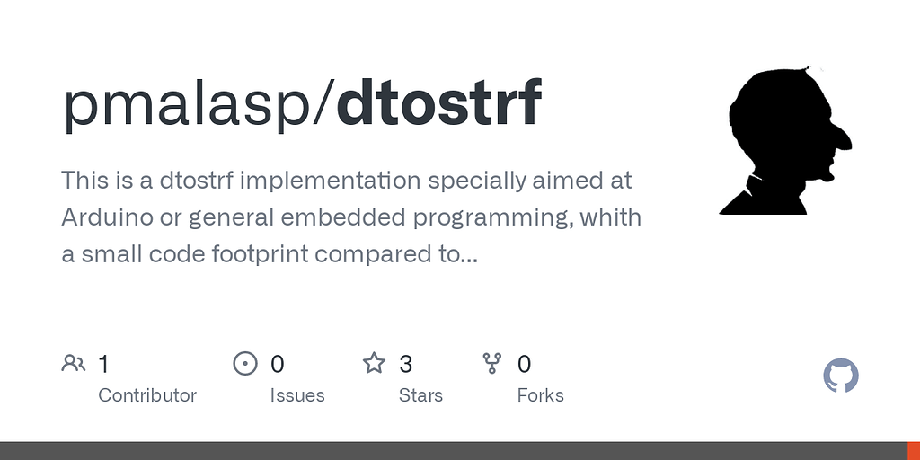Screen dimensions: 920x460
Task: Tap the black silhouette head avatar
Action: click(x=785, y=140)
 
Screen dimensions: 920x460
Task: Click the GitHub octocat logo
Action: click(x=841, y=376)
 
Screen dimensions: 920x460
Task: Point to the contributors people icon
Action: click(x=74, y=364)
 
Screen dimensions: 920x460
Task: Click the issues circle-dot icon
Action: click(x=245, y=364)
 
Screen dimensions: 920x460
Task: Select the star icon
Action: click(x=374, y=363)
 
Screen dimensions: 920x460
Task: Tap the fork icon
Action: click(x=491, y=364)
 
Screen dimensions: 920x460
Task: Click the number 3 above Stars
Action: click(x=405, y=365)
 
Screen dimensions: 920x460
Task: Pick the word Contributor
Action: click(x=147, y=395)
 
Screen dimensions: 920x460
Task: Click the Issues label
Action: click(x=297, y=395)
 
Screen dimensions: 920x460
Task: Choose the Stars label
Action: click(x=420, y=395)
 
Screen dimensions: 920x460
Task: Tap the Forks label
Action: click(x=540, y=395)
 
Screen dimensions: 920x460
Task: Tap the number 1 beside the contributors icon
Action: click(x=104, y=365)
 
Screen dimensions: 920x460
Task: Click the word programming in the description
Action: click(x=494, y=218)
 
